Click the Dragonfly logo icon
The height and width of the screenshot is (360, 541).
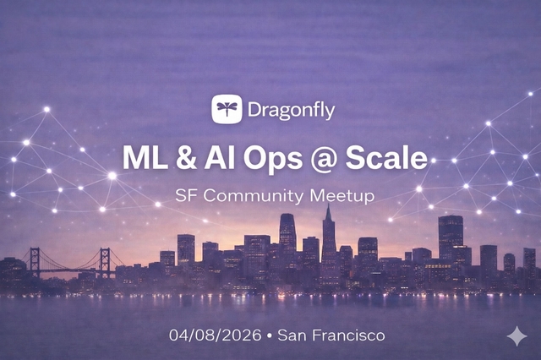[227, 109]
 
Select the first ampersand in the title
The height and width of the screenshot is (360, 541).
[181, 157]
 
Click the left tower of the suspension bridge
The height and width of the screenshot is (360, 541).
[35, 262]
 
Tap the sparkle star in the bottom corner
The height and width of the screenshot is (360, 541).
[516, 335]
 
